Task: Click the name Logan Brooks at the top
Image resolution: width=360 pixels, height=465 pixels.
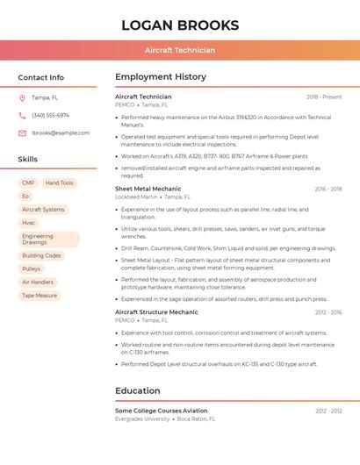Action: click(180, 25)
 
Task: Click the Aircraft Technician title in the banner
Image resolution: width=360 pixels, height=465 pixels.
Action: click(180, 50)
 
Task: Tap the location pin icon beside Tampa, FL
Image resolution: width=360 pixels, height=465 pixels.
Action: click(22, 97)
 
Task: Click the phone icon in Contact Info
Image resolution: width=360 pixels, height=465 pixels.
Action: click(22, 115)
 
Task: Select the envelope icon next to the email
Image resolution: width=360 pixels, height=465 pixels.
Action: click(22, 133)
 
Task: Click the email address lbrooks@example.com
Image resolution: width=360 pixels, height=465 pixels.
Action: click(61, 133)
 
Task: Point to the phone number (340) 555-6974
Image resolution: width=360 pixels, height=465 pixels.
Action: click(50, 115)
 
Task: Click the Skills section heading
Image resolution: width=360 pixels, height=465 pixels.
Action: click(28, 160)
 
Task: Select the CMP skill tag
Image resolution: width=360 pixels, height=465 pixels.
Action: click(28, 183)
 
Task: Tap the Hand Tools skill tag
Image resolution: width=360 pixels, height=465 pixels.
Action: click(60, 183)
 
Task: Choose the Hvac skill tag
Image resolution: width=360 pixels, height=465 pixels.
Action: click(29, 223)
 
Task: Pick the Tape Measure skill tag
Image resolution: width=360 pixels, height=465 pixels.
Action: click(40, 296)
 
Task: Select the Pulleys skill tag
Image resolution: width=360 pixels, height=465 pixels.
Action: click(32, 268)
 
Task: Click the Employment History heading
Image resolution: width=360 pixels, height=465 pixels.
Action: click(160, 77)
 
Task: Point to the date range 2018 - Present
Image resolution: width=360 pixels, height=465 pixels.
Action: click(324, 97)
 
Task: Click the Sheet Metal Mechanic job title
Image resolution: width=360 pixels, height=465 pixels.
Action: click(148, 189)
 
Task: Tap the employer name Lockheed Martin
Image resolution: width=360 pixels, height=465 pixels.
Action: click(136, 197)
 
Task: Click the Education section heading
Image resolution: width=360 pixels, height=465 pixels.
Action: click(139, 390)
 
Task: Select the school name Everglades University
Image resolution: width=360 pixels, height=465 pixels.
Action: click(143, 418)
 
